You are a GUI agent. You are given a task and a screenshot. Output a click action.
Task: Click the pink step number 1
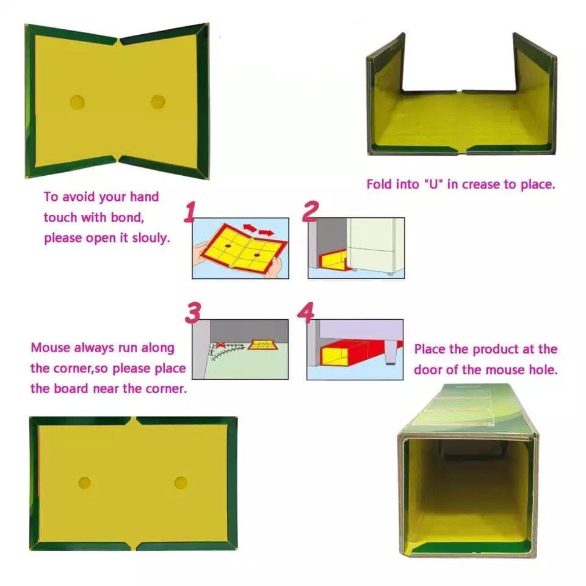tap(190, 212)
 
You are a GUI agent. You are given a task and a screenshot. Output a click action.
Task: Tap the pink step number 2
tap(310, 211)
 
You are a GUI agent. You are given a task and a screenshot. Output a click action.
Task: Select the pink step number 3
tap(193, 313)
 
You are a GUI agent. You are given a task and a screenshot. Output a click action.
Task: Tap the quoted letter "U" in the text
tap(431, 184)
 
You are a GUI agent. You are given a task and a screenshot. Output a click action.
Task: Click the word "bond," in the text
tap(128, 217)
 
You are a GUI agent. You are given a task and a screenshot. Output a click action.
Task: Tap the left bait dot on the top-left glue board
tap(78, 101)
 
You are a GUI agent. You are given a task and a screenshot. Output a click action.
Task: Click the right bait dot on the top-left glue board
tap(157, 101)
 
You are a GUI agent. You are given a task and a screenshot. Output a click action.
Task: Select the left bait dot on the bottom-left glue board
tap(84, 483)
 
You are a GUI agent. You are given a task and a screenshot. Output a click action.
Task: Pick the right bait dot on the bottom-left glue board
tap(180, 482)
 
